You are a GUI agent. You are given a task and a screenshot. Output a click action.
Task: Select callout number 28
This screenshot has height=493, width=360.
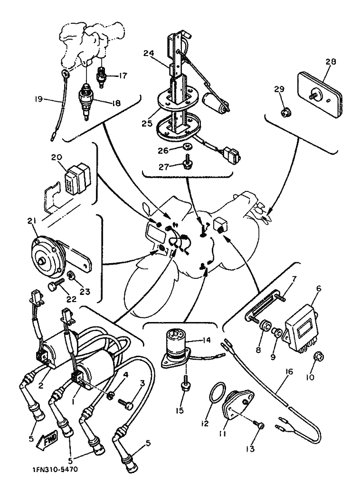click(x=331, y=62)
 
